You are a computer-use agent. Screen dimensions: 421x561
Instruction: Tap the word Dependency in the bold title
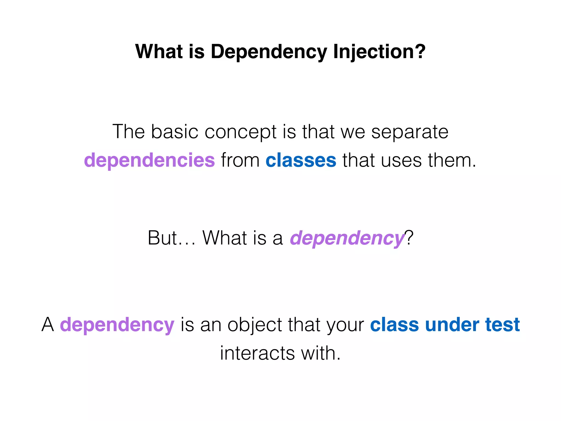[x=268, y=52]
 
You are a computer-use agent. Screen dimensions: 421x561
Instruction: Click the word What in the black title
[x=159, y=52]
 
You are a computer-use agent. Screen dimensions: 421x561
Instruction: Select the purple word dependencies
[x=149, y=160]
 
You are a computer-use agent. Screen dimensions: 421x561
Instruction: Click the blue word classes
[x=301, y=160]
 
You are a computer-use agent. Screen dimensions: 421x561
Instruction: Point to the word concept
[x=241, y=132]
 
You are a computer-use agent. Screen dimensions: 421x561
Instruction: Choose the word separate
[x=410, y=132]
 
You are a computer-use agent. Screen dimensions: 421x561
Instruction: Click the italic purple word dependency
[x=347, y=238]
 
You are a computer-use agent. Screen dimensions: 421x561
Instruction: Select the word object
[x=254, y=325]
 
